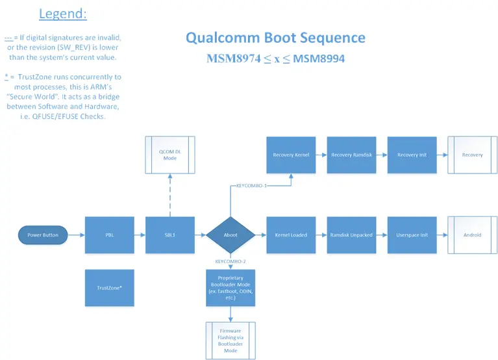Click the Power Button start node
(44, 235)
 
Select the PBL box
(110, 235)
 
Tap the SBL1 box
(169, 235)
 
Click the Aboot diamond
(230, 235)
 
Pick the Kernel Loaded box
(291, 235)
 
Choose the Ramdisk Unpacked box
(351, 235)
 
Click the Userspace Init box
(412, 235)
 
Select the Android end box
(472, 235)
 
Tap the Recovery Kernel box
(291, 155)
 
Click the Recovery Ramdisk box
(351, 155)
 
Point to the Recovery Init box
(412, 155)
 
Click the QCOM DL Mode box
(169, 155)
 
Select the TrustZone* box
(110, 287)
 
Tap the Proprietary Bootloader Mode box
(230, 287)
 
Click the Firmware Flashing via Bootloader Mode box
(230, 341)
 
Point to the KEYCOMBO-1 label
(251, 185)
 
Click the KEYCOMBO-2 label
(230, 261)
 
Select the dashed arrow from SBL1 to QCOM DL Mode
(169, 194)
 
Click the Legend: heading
(63, 14)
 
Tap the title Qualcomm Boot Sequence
(275, 38)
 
